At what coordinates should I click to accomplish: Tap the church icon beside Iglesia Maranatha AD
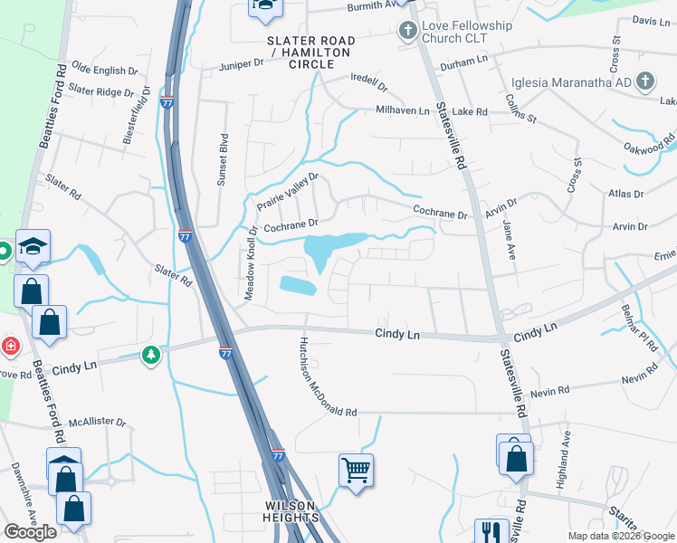click(x=644, y=82)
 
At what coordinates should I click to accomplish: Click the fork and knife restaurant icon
click(x=489, y=530)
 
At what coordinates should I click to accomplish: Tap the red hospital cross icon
click(x=9, y=346)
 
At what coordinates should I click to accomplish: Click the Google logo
click(x=30, y=532)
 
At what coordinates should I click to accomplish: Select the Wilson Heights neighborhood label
click(x=291, y=511)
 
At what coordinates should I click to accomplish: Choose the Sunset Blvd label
click(x=221, y=161)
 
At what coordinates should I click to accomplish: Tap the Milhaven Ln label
click(x=403, y=110)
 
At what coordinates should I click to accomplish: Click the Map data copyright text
click(x=621, y=535)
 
